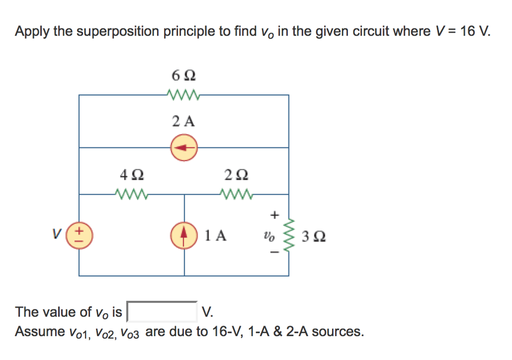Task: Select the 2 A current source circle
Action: point(184,147)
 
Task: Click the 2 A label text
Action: point(183,121)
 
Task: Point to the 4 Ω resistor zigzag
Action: point(131,194)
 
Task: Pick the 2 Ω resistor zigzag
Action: point(236,194)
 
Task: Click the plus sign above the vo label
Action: point(273,215)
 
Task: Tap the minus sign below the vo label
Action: point(273,253)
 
